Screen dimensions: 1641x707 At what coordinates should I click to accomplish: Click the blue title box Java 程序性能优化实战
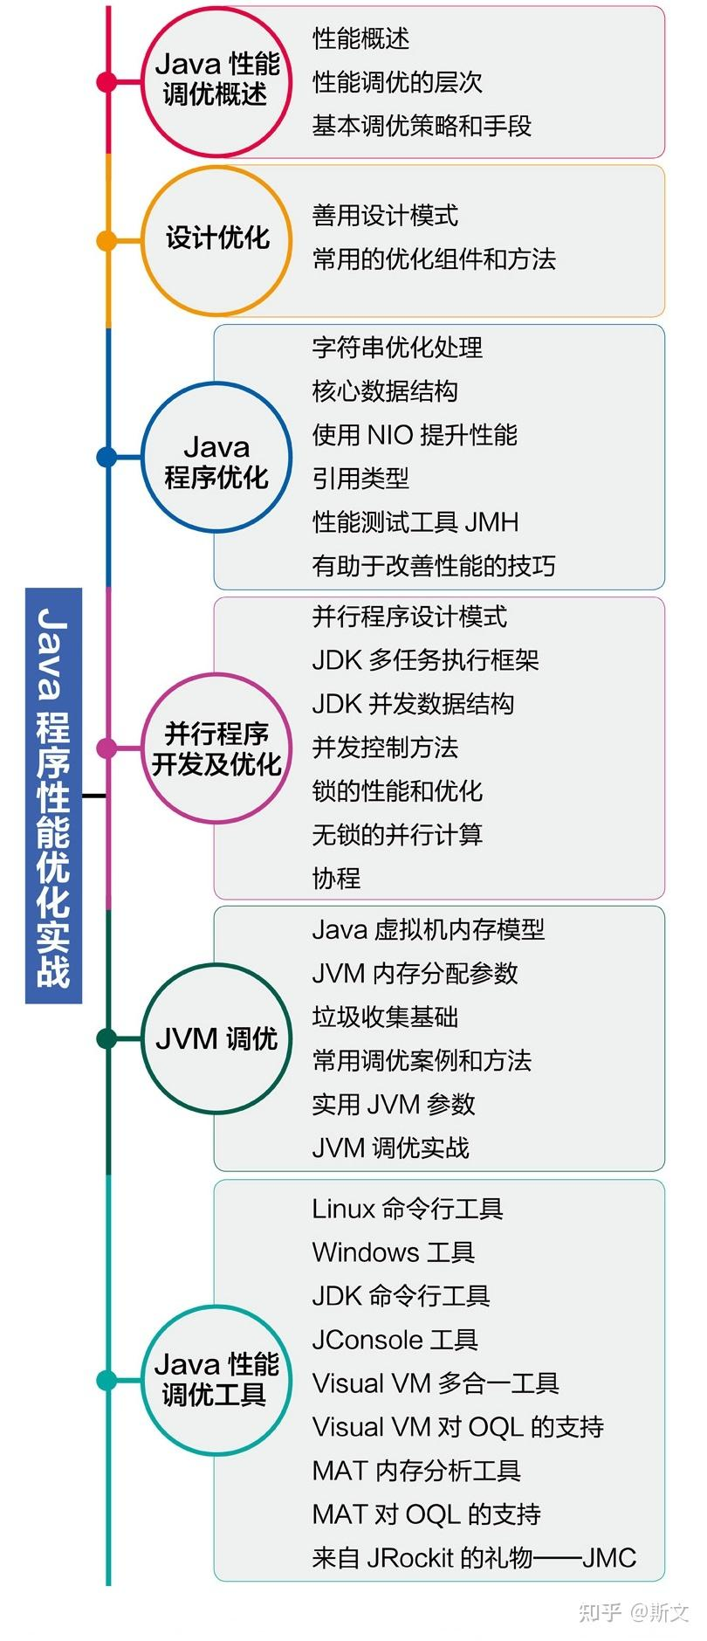53,796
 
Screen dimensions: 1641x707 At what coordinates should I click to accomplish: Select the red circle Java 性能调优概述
216,81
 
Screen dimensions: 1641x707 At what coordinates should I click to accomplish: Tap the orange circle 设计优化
216,239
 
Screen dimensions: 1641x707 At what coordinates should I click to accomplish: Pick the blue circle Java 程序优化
216,457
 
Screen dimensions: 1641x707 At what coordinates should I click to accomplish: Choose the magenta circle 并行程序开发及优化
216,748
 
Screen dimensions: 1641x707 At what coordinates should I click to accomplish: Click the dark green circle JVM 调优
216,1038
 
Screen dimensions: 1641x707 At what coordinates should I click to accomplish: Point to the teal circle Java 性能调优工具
216,1380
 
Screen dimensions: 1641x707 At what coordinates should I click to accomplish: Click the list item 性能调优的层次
397,82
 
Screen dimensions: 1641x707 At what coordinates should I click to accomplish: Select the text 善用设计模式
385,215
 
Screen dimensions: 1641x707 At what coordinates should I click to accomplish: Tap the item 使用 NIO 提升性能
415,434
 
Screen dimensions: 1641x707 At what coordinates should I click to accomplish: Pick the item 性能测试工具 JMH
415,522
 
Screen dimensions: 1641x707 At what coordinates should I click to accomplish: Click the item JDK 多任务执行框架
425,660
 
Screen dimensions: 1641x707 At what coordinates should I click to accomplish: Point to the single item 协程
336,878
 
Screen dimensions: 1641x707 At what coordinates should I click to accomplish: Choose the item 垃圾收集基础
385,1017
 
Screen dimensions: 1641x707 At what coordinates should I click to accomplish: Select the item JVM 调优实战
390,1148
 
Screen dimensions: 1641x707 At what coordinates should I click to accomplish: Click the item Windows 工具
393,1252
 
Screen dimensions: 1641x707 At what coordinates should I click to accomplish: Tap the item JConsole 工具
395,1340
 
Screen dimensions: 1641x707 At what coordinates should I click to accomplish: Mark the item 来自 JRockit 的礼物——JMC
474,1558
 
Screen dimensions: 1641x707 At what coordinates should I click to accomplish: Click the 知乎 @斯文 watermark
634,1612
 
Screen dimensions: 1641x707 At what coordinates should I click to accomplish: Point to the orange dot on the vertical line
106,240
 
